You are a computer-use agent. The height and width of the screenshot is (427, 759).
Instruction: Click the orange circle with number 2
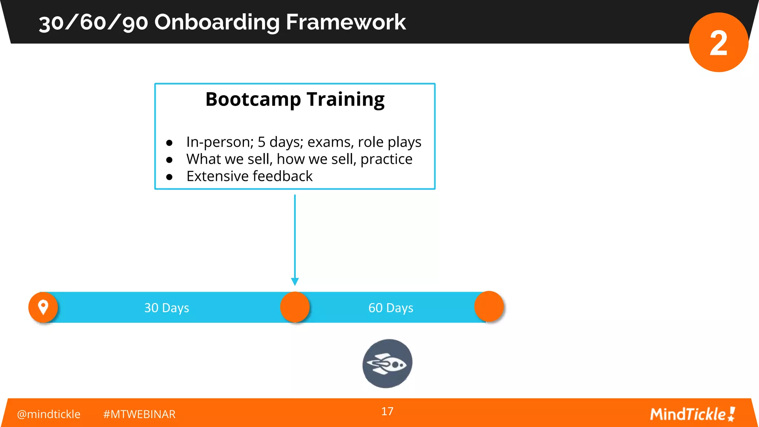click(718, 42)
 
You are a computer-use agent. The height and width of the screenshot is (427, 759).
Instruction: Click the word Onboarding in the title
click(217, 22)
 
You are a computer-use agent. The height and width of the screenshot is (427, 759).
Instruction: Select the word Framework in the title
click(345, 22)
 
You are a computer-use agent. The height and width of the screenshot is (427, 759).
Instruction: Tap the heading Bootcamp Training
click(295, 99)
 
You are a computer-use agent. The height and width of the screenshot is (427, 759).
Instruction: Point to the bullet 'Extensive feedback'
click(249, 176)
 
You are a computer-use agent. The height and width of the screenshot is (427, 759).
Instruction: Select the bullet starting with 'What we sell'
click(299, 159)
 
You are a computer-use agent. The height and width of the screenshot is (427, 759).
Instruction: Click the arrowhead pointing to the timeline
click(295, 282)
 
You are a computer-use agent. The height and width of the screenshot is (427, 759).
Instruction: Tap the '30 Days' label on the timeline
click(166, 308)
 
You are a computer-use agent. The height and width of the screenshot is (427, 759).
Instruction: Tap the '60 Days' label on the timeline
click(391, 308)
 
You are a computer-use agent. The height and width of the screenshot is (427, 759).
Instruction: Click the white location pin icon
click(43, 307)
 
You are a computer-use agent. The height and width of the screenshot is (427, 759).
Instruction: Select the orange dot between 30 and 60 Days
click(295, 307)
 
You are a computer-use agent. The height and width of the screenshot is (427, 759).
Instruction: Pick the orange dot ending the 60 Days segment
click(489, 307)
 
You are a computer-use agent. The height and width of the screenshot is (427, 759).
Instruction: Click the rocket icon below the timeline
click(387, 364)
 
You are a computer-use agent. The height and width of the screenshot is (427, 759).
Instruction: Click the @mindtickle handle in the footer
click(49, 414)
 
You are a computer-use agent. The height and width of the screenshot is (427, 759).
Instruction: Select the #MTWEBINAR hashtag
click(139, 414)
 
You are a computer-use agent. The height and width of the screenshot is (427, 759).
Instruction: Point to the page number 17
click(387, 411)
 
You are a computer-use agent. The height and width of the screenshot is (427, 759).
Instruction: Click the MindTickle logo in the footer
click(692, 414)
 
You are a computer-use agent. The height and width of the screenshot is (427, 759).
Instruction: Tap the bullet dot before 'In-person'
click(169, 143)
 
